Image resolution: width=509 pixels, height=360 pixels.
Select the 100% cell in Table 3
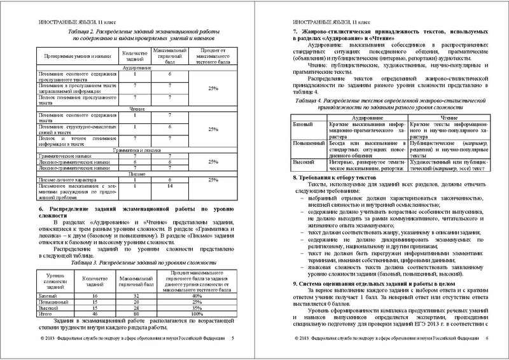pyautogui.click(x=197, y=314)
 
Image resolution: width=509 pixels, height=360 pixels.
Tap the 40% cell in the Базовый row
pyautogui.click(x=197, y=296)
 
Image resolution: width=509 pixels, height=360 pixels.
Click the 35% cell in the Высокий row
pyautogui.click(x=197, y=308)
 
